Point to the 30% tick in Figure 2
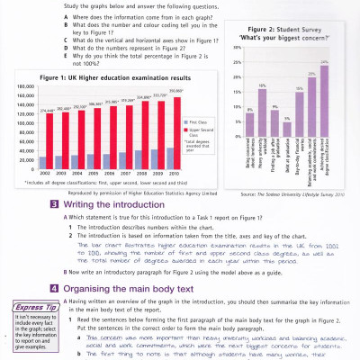[x=237, y=48]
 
